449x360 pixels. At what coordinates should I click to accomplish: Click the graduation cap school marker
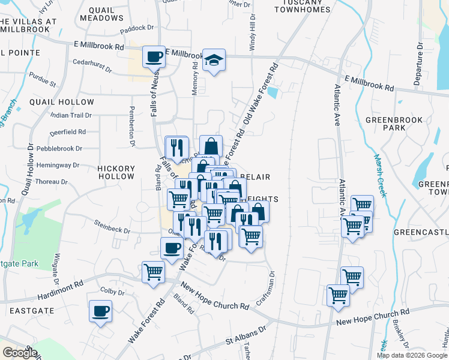point(213,61)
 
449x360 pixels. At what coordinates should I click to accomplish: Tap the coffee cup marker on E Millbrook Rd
point(154,57)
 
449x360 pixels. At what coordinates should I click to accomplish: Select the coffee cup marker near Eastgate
point(100,312)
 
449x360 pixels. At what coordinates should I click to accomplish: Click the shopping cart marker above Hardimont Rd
point(153,272)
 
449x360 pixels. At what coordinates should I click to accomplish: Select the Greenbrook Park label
point(394,124)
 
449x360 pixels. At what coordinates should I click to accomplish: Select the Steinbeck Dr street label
point(112,226)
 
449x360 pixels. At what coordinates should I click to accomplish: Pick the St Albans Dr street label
point(246,336)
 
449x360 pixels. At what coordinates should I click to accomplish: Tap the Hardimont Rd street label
point(62,286)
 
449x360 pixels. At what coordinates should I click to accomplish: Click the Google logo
point(20,353)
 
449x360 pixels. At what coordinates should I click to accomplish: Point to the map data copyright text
point(411,355)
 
